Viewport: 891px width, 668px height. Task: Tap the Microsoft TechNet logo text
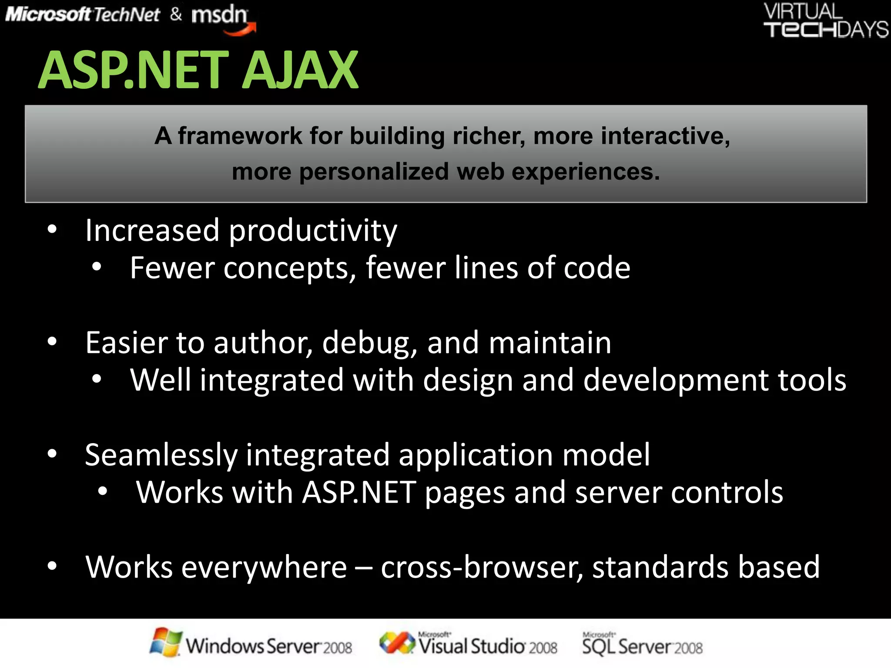point(83,15)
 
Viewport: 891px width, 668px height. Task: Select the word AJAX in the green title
point(300,70)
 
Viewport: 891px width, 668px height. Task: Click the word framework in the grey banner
point(240,136)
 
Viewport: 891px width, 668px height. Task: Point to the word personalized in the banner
point(374,172)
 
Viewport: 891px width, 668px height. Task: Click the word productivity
point(313,231)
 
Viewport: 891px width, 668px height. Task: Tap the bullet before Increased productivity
point(52,229)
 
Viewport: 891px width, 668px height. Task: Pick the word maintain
point(550,343)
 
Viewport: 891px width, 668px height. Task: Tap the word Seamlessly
point(161,456)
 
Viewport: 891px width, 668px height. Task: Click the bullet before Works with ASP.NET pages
point(103,491)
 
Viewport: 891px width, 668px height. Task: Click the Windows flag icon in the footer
point(165,642)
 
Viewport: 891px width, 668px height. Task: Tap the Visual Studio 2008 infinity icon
point(397,643)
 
